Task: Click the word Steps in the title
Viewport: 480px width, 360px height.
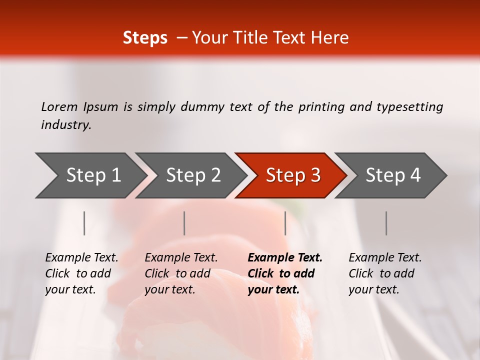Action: (x=145, y=38)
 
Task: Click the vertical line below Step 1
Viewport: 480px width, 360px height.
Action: (x=84, y=223)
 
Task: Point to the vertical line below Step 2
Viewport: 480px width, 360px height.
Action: (x=184, y=223)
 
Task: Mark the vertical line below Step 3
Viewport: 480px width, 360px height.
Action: (x=285, y=223)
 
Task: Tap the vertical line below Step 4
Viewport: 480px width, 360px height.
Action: (x=386, y=223)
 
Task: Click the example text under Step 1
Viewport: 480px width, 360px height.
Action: (x=81, y=273)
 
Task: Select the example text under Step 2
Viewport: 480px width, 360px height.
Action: (x=181, y=273)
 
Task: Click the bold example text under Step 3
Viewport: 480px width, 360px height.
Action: (x=285, y=273)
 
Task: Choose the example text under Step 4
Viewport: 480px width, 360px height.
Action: (x=385, y=273)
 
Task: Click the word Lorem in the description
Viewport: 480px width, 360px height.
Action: (x=59, y=106)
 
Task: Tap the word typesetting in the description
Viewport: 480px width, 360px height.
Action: (x=409, y=106)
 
